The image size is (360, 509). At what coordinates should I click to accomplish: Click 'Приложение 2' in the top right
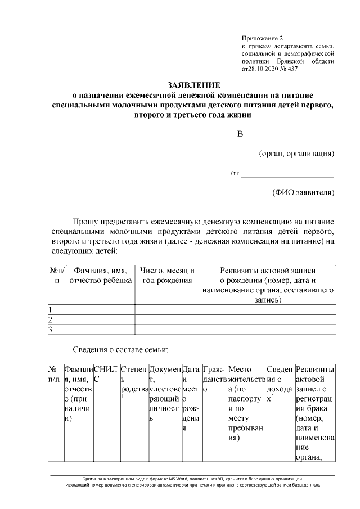[x=262, y=37]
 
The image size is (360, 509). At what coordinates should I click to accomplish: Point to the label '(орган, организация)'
[x=296, y=154]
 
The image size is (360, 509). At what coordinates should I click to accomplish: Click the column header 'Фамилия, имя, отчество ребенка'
[x=100, y=276]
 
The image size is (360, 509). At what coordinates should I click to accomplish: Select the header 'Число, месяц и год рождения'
[x=167, y=276]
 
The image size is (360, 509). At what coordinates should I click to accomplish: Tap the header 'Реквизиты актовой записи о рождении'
[x=267, y=271]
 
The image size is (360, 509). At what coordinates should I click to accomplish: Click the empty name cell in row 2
[x=100, y=319]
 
